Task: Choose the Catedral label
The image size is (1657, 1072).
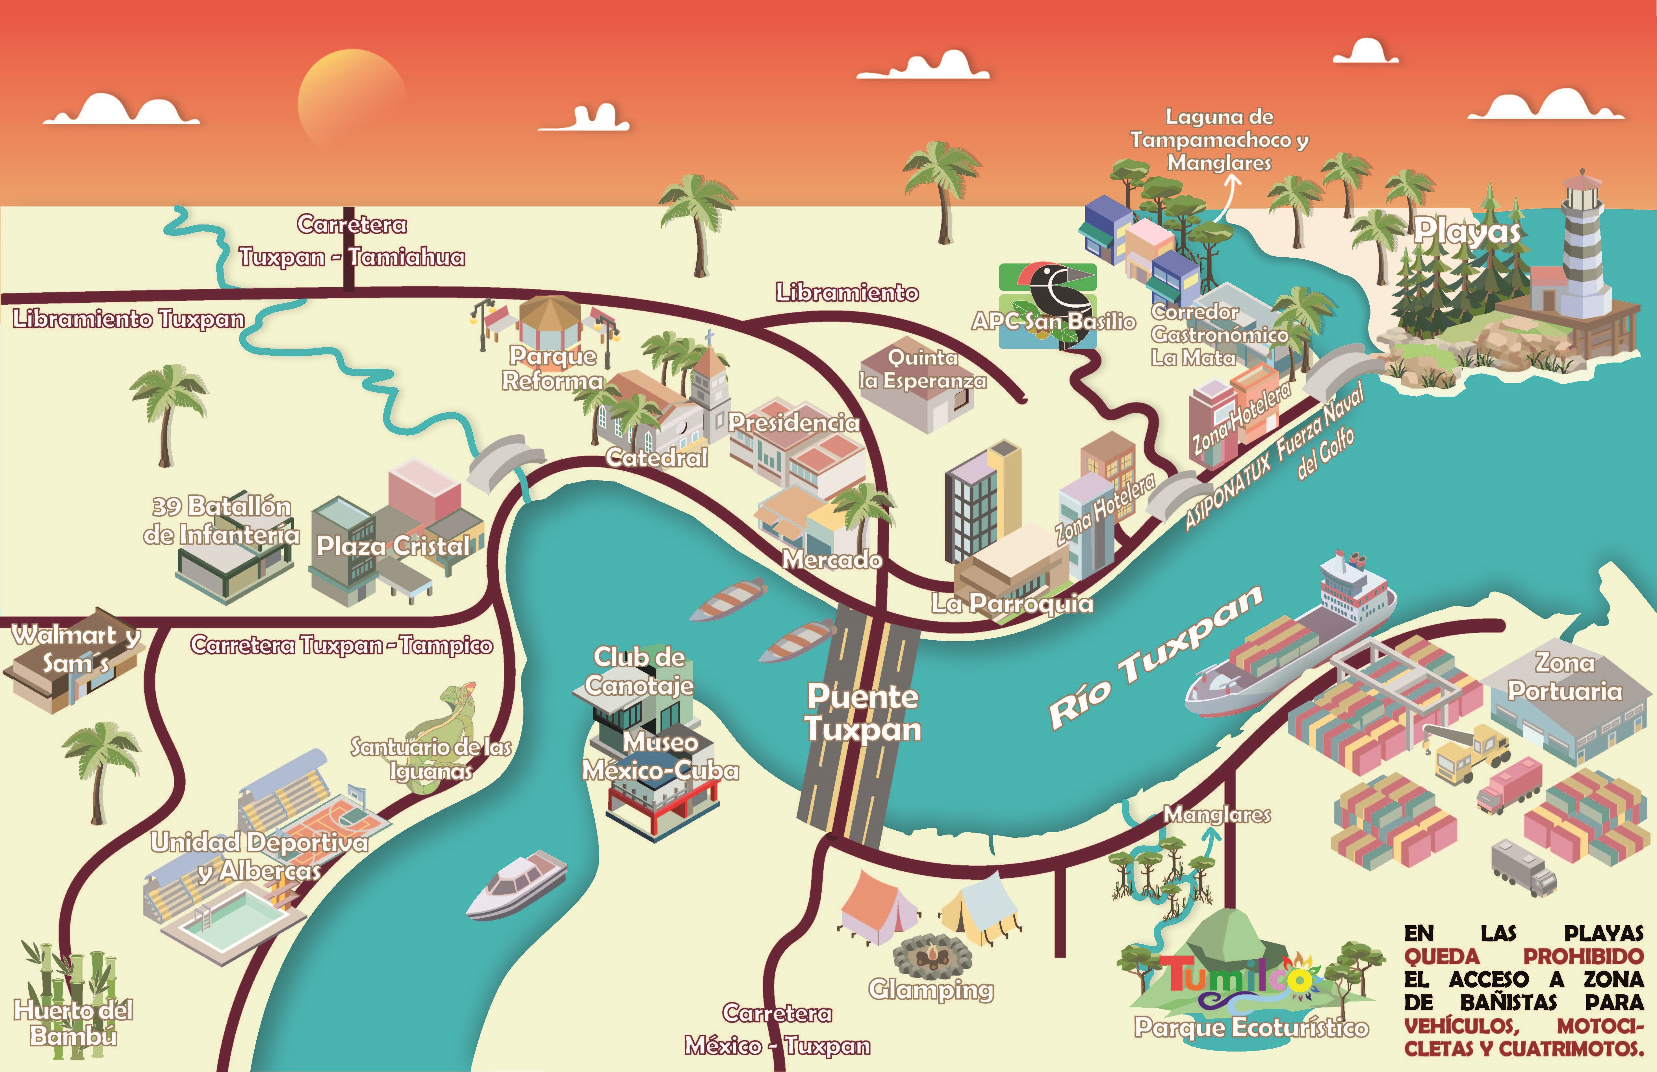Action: (656, 457)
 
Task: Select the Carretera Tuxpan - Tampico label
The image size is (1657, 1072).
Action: (341, 645)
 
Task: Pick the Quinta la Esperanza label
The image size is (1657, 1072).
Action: (922, 369)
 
